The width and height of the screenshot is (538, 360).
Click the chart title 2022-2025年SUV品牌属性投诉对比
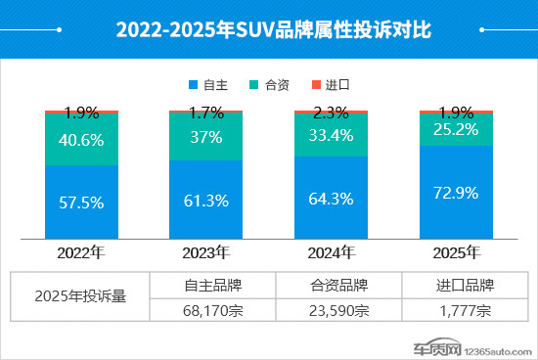(x=268, y=29)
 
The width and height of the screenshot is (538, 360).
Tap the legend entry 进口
(x=342, y=86)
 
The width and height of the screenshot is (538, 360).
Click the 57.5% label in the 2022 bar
(x=81, y=205)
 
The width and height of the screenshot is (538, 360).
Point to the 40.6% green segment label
(x=81, y=139)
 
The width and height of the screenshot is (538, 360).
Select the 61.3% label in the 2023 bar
(x=205, y=202)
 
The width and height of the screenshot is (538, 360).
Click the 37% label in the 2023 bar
(x=205, y=136)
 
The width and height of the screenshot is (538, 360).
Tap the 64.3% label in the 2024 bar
(x=332, y=199)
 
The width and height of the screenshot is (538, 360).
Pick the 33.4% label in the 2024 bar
(x=332, y=134)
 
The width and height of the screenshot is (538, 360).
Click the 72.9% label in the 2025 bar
(x=457, y=191)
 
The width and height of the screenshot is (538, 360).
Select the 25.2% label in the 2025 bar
(x=457, y=127)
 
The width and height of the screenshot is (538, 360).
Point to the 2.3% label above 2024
(x=332, y=112)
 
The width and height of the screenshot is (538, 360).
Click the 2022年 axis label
(x=81, y=252)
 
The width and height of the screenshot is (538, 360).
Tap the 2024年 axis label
(x=332, y=252)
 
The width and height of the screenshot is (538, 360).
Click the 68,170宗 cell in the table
(x=212, y=311)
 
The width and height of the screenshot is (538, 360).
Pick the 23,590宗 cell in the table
(x=339, y=311)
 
